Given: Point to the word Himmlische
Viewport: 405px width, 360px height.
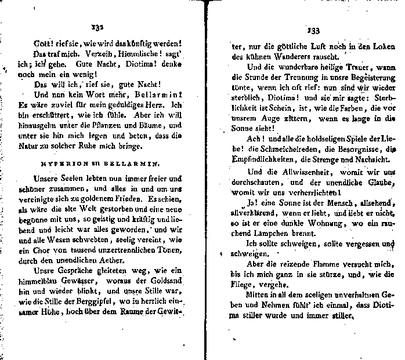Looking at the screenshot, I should pyautogui.click(x=138, y=53).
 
